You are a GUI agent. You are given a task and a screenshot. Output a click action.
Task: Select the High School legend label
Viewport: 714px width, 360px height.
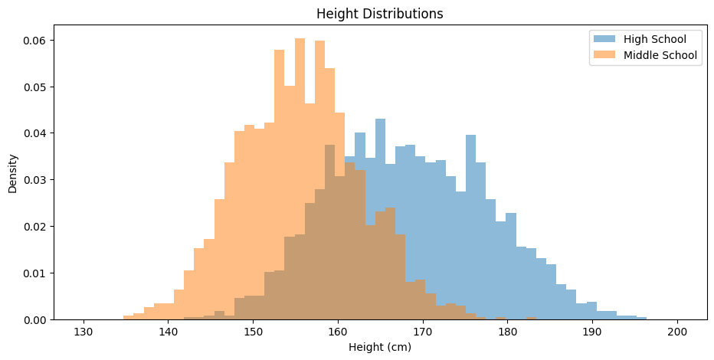[x=654, y=39]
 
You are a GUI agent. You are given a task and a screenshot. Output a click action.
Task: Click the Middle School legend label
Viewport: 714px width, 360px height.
[x=660, y=55]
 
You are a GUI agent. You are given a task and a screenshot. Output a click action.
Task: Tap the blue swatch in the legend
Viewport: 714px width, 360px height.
[x=604, y=39]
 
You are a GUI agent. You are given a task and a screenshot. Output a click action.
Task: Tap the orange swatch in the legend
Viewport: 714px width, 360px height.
[x=604, y=55]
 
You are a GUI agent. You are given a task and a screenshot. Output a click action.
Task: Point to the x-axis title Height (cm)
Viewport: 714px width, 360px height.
[x=380, y=348]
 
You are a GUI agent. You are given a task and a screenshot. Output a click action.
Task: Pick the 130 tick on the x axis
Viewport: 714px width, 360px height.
[x=84, y=331]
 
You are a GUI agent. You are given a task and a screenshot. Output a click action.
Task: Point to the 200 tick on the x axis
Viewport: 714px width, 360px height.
[x=677, y=331]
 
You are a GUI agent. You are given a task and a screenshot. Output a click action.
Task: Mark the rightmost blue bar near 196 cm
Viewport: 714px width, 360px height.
[x=641, y=318]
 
